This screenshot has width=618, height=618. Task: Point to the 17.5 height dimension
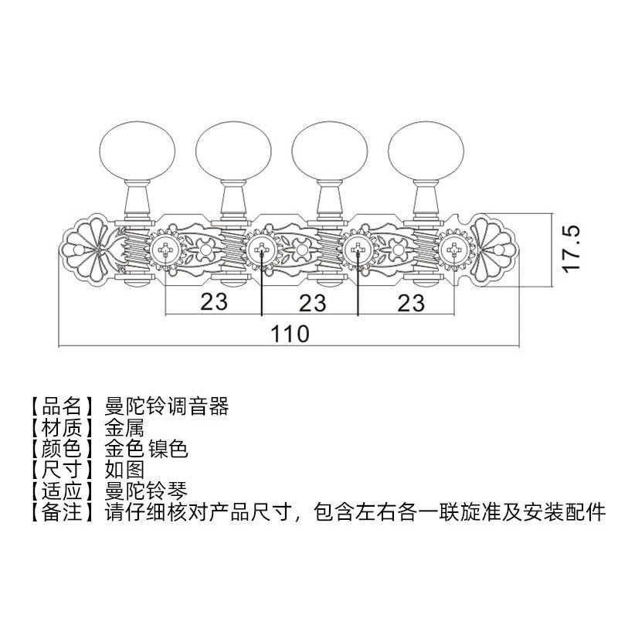pyautogui.click(x=571, y=249)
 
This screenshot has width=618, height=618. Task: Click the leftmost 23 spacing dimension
pyautogui.click(x=214, y=302)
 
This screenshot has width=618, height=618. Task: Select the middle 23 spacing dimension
pyautogui.click(x=311, y=302)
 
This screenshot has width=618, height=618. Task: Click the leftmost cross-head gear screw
pyautogui.click(x=166, y=248)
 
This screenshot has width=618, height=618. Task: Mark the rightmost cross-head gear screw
pyautogui.click(x=453, y=248)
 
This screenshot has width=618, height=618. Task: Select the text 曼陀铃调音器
pyautogui.click(x=165, y=405)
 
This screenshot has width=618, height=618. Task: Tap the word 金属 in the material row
pyautogui.click(x=123, y=426)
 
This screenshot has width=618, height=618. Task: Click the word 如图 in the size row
pyautogui.click(x=123, y=468)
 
